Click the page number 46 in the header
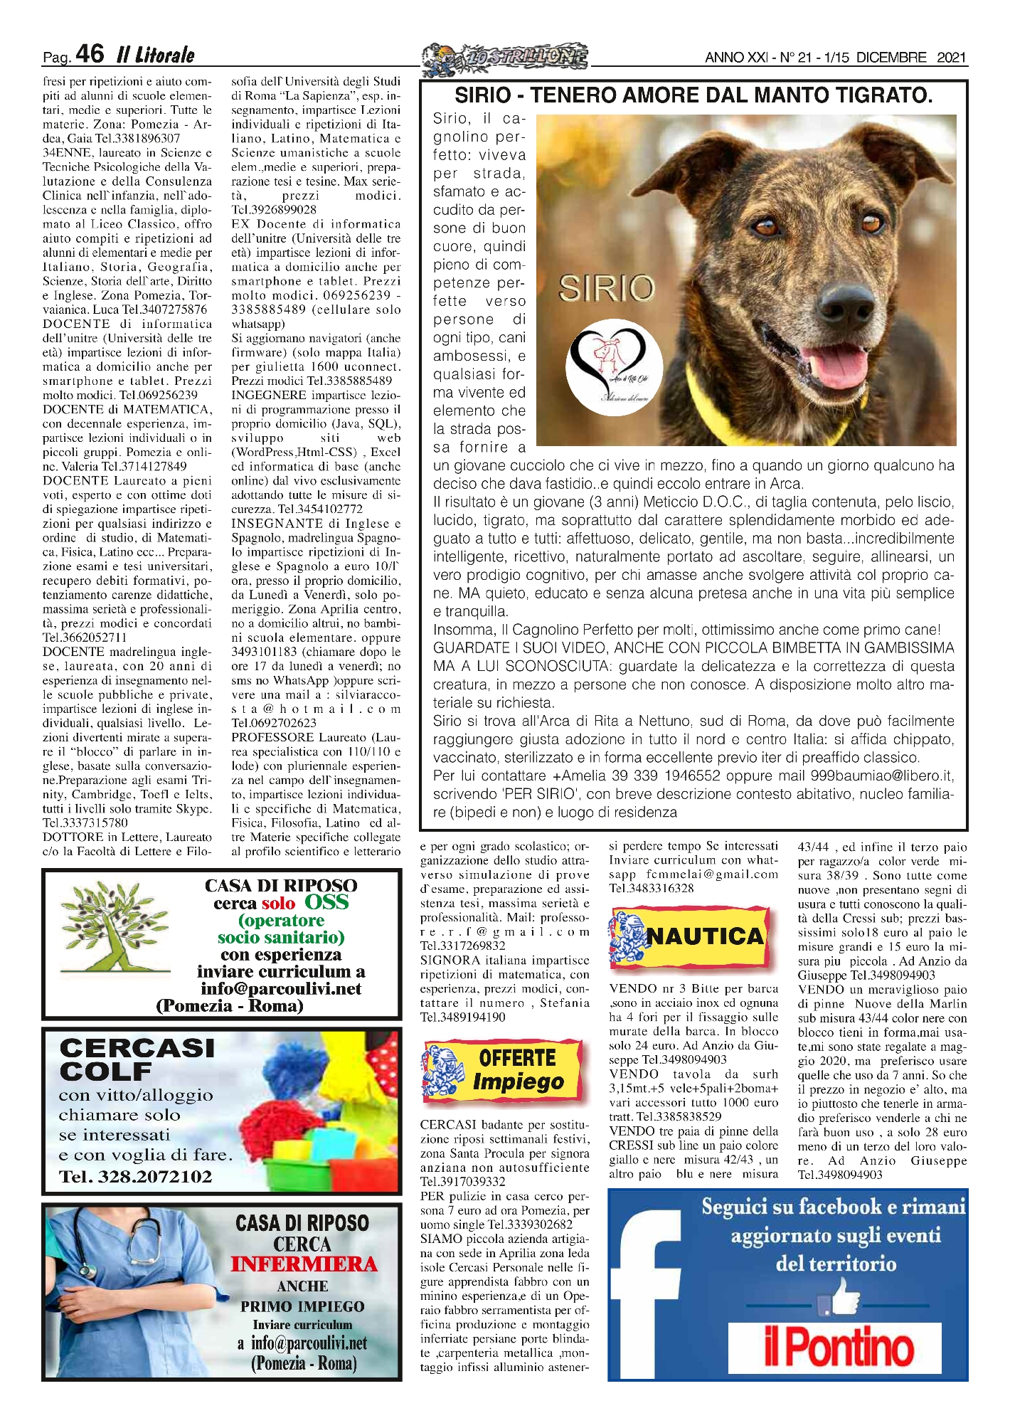point(90,54)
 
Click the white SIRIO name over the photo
point(606,288)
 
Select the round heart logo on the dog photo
point(615,367)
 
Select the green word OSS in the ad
point(326,902)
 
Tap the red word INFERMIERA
point(304,1264)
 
